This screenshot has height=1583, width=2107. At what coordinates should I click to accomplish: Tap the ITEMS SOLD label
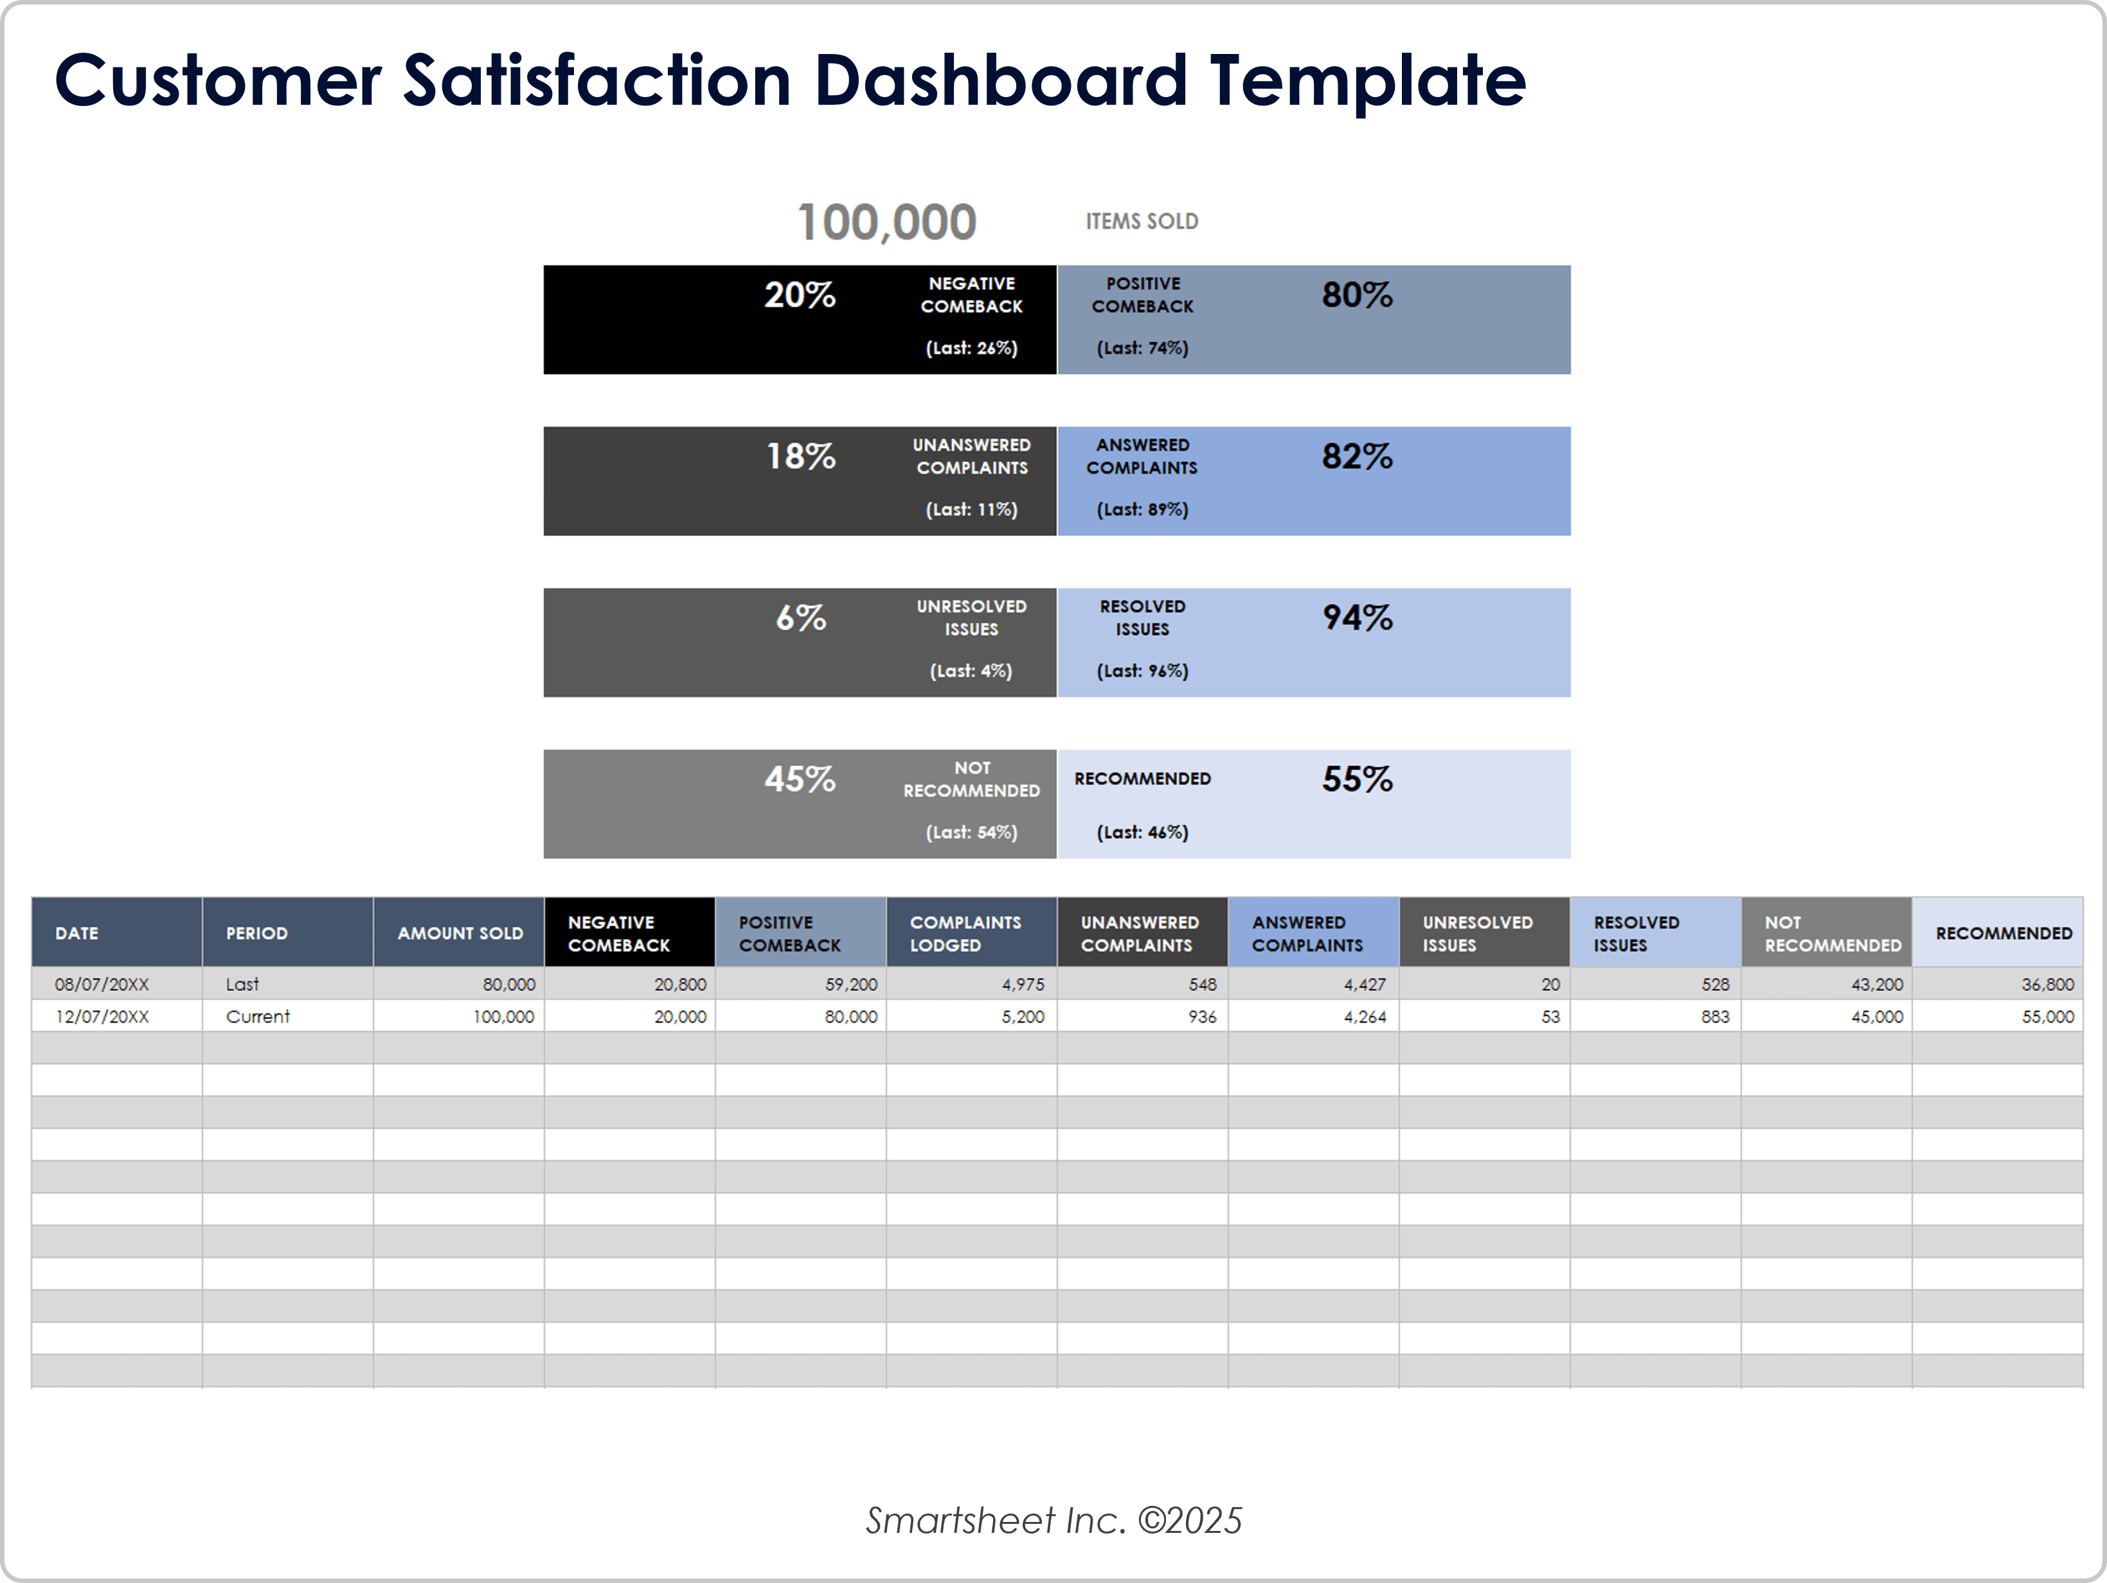[1141, 221]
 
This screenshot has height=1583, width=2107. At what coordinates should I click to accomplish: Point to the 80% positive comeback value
[1356, 295]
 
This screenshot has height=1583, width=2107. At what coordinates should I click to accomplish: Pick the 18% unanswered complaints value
[800, 456]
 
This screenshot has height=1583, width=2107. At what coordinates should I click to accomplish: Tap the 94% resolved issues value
[1356, 618]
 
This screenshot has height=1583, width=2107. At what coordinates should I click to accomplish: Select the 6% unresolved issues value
[800, 618]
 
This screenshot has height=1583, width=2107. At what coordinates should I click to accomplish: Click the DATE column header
[76, 933]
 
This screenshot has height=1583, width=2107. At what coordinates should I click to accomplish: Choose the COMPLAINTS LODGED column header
[964, 933]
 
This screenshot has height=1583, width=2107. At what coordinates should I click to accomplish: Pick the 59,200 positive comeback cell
[850, 984]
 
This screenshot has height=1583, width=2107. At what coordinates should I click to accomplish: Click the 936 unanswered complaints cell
[1201, 1016]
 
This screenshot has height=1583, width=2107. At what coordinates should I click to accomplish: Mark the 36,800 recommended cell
[2047, 984]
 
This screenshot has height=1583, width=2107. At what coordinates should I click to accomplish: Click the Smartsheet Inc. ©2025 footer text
[1053, 1520]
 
